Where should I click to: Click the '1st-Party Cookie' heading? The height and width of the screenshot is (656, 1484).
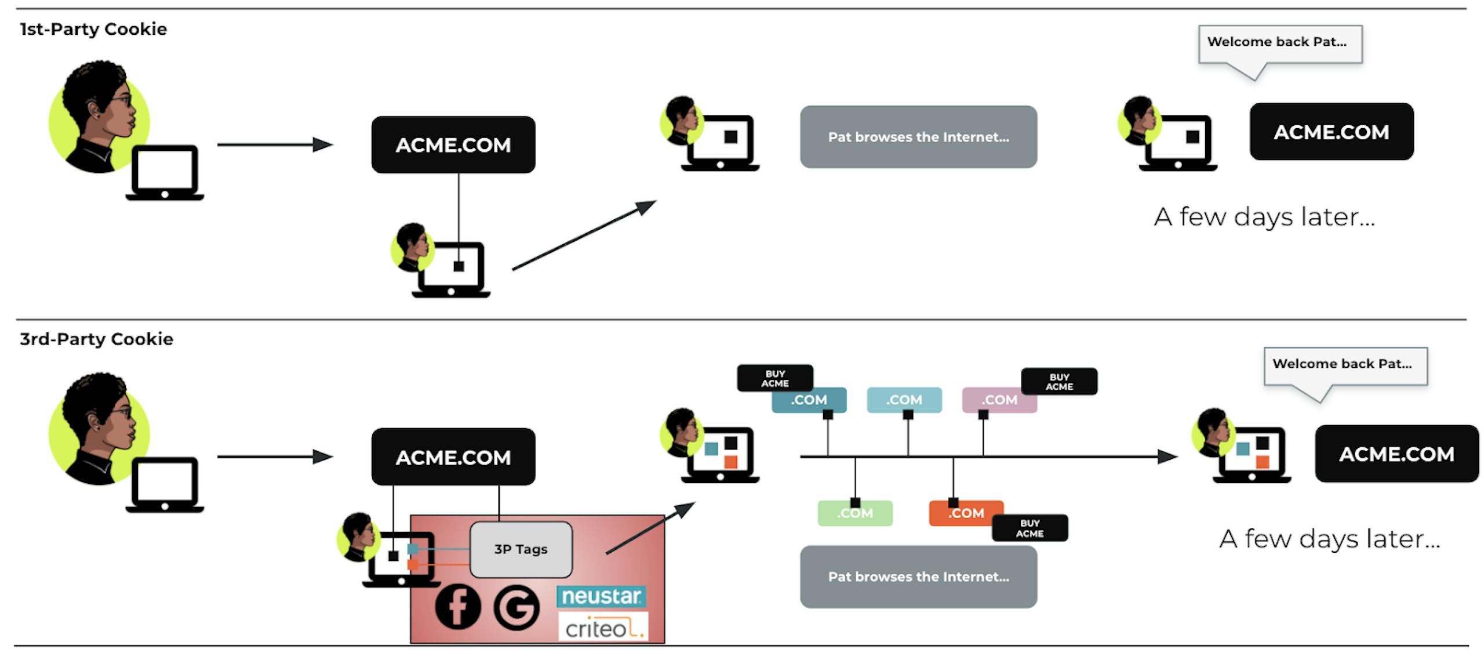93,29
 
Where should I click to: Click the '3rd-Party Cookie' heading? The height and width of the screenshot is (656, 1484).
96,339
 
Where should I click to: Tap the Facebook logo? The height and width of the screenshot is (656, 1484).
457,606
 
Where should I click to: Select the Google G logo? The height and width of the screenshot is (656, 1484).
516,607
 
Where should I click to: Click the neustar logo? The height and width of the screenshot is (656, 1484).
601,596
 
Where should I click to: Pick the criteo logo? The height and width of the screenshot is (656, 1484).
603,628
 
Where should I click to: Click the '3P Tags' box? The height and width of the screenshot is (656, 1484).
521,549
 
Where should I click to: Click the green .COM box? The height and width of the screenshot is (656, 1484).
854,513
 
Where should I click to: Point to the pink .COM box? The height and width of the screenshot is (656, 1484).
998,400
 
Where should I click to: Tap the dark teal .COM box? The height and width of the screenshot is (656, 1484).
809,400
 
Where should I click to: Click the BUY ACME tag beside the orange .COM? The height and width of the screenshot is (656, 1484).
1030,528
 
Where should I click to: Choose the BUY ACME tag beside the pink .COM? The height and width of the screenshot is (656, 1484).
1059,382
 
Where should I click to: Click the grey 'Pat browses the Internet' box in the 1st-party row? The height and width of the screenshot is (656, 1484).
918,137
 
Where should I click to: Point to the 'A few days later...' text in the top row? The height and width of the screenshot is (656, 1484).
1264,217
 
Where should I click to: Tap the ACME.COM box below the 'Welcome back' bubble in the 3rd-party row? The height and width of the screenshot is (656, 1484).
1396,454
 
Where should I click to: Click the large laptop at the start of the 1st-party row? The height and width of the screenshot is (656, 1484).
165,173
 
